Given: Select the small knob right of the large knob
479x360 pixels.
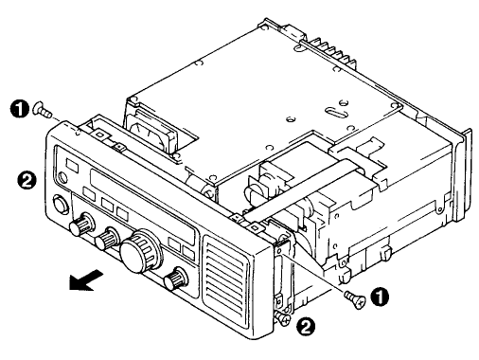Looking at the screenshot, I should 175,279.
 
